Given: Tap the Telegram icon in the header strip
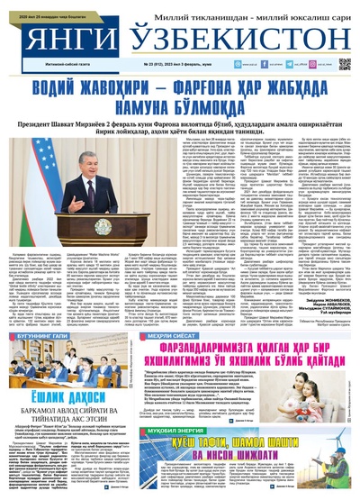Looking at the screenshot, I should point(244,64).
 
